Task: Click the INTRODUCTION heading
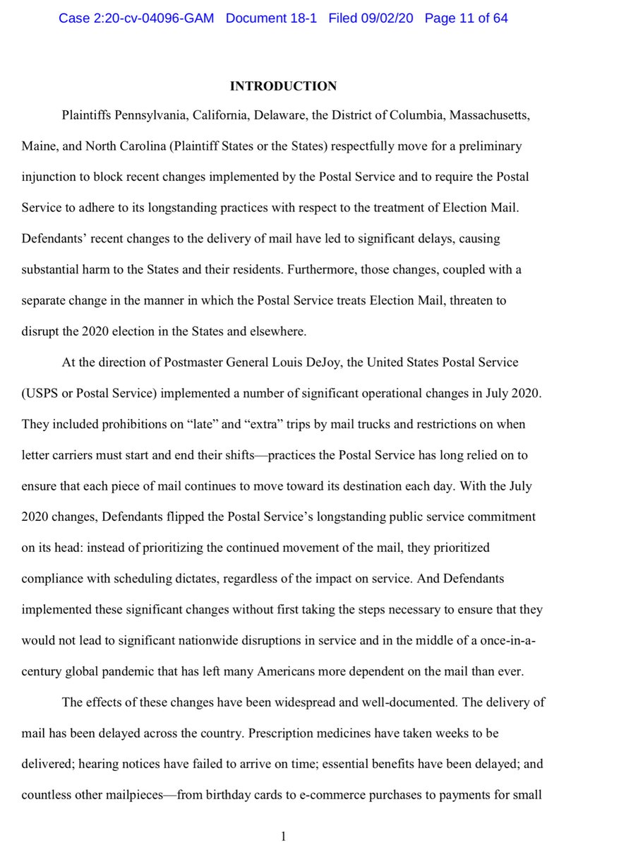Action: (x=283, y=86)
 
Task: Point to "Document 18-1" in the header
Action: (x=273, y=18)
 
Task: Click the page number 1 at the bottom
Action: (x=283, y=837)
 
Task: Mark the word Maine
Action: (x=38, y=146)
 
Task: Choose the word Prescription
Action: (x=282, y=733)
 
